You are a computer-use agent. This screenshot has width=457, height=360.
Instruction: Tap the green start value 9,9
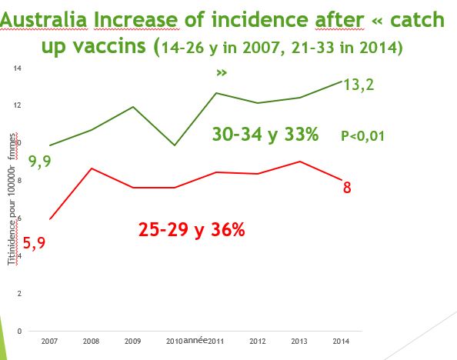pyautogui.click(x=22, y=162)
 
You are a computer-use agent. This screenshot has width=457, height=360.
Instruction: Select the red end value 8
pyautogui.click(x=347, y=186)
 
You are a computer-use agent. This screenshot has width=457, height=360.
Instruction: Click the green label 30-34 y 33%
pyautogui.click(x=265, y=135)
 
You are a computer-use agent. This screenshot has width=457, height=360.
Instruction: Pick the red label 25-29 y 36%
pyautogui.click(x=192, y=229)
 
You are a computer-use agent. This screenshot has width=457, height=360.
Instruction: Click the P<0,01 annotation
pyautogui.click(x=362, y=136)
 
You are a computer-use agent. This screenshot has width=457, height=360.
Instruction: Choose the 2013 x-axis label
pyautogui.click(x=299, y=342)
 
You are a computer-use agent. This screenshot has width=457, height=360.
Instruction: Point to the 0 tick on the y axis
pyautogui.click(x=19, y=331)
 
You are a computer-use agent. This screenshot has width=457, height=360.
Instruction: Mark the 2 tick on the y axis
pyautogui.click(x=19, y=293)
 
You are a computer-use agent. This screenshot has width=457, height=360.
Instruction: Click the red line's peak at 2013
pyautogui.click(x=299, y=162)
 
